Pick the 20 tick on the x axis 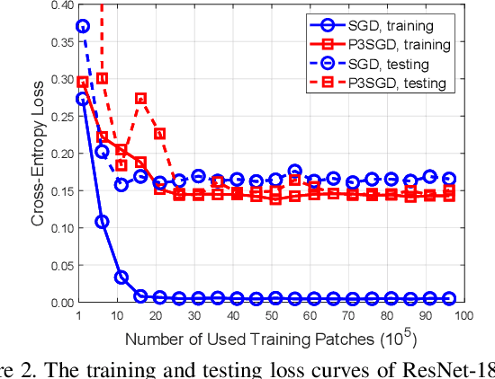coord(159,317)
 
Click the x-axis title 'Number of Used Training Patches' coord(252,339)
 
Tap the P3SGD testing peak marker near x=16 coord(140,99)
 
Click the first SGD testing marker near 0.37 coord(83,27)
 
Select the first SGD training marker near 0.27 coord(83,100)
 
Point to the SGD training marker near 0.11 coord(102,221)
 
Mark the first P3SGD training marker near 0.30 coord(83,83)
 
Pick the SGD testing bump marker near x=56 coord(294,171)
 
